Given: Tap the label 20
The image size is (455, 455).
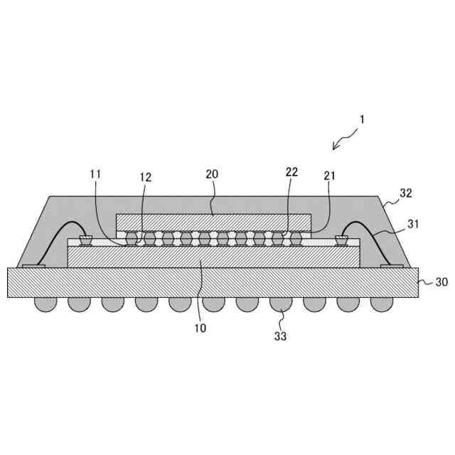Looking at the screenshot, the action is [x=211, y=174].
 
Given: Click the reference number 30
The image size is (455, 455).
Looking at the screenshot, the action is [x=441, y=282].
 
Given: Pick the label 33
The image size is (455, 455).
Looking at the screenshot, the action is [x=280, y=336].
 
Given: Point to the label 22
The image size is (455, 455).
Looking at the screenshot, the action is [x=291, y=172].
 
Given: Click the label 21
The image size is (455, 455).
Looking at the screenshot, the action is [x=328, y=175].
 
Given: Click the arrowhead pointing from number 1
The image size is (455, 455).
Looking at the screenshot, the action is [x=335, y=147].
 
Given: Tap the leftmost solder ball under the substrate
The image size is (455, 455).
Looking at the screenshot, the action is [x=45, y=304].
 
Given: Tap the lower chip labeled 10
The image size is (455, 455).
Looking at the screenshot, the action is [x=213, y=257].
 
